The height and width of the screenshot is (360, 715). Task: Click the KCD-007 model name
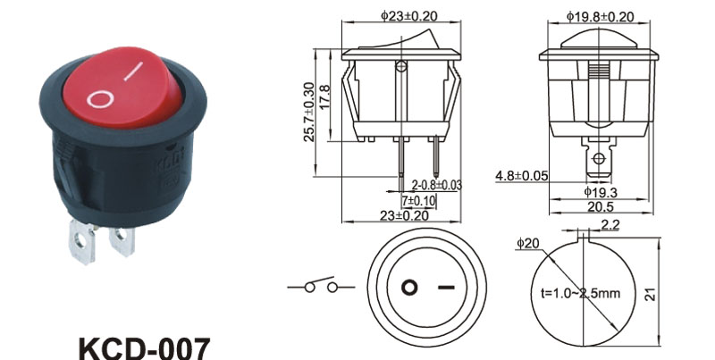tap(145, 348)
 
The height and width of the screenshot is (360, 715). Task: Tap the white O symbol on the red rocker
tap(99, 99)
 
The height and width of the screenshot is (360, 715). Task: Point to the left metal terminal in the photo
tap(83, 241)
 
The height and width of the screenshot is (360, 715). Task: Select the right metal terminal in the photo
tap(122, 239)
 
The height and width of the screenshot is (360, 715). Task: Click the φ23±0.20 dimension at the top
tap(409, 16)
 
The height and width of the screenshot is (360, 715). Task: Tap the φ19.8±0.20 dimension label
tap(600, 17)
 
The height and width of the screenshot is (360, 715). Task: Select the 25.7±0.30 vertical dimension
tap(309, 112)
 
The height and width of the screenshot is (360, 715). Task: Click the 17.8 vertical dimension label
tap(324, 96)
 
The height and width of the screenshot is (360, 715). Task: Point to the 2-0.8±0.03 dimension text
tap(437, 185)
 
